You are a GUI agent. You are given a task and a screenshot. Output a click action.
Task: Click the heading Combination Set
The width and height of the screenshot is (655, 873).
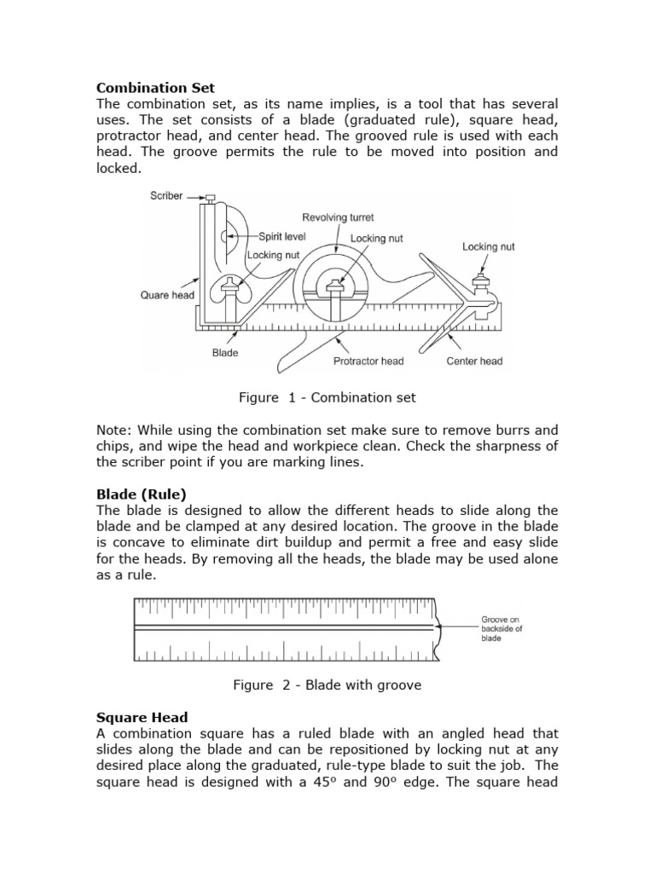pyautogui.click(x=155, y=87)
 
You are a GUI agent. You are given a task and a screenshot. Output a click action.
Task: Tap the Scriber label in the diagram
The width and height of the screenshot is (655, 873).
pyautogui.click(x=166, y=196)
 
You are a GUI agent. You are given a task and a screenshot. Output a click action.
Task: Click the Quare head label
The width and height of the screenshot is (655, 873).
pyautogui.click(x=167, y=296)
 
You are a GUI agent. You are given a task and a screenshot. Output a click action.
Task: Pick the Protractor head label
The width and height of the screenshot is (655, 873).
pyautogui.click(x=368, y=361)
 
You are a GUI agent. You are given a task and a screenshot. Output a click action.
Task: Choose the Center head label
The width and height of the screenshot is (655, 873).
pyautogui.click(x=474, y=361)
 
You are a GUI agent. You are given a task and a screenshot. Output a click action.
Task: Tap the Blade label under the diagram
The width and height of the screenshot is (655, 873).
pyautogui.click(x=225, y=352)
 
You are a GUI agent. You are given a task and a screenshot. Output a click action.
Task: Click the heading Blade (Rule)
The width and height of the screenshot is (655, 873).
pyautogui.click(x=141, y=494)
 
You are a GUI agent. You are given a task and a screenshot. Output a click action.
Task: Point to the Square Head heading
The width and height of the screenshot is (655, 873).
pyautogui.click(x=142, y=717)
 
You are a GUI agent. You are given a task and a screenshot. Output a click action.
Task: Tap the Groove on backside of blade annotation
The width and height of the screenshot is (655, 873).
pyautogui.click(x=501, y=629)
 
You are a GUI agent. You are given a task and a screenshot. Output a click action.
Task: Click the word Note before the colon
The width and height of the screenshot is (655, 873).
pyautogui.click(x=113, y=430)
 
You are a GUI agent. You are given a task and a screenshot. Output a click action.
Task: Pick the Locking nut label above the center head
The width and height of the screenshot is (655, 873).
pyautogui.click(x=489, y=246)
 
